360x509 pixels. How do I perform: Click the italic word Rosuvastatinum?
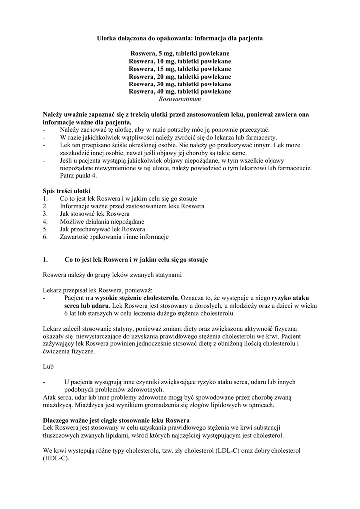[180, 99]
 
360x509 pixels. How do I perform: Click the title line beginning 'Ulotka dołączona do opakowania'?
[180, 38]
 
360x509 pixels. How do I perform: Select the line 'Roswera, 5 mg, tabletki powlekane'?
[180, 53]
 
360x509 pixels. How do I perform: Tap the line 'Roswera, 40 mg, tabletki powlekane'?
[180, 91]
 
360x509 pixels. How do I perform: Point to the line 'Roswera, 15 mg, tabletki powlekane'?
[180, 69]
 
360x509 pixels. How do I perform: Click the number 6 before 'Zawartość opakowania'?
[45, 237]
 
